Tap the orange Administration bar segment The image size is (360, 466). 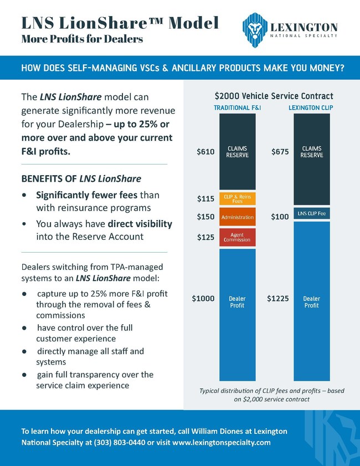237,217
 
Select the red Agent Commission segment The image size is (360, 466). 237,237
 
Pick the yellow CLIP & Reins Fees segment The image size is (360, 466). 237,198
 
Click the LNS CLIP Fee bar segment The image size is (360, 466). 311,213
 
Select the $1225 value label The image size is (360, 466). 277,299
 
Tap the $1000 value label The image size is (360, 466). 203,299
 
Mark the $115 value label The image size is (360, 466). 205,198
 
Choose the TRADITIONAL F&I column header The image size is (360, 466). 237,107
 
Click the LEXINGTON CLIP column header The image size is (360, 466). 311,107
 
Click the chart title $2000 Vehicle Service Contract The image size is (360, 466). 274,96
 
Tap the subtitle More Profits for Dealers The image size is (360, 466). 82,40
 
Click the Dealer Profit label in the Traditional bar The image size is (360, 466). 237,302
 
